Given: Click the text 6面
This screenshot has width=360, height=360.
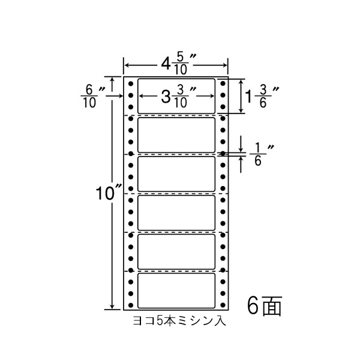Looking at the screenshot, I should click(263, 307).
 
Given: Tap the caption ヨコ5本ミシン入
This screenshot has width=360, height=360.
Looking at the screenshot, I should click(179, 322).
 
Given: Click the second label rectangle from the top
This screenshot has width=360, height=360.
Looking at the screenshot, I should click(176, 134).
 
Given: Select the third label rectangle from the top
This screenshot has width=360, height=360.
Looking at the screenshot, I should click(176, 173).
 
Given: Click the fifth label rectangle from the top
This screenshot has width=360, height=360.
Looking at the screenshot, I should click(176, 251).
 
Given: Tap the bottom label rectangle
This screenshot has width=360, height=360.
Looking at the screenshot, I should click(176, 290).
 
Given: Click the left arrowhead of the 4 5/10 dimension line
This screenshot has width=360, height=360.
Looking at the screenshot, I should click(126, 64).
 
